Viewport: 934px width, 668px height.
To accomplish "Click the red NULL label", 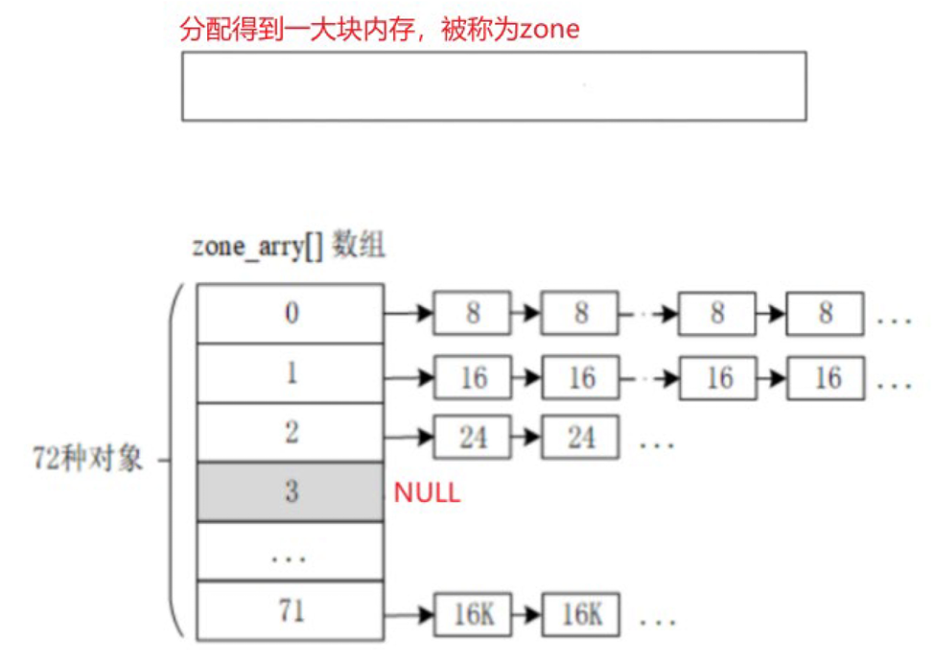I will click(427, 493).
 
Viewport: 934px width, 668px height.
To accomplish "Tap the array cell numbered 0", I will click(291, 313).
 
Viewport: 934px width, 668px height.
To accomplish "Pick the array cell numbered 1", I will click(291, 373).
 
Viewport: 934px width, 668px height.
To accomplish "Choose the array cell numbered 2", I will click(291, 433).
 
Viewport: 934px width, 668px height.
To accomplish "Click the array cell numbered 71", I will click(291, 611).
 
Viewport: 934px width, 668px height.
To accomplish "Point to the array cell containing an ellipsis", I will click(291, 553).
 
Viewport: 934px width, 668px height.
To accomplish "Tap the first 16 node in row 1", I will click(473, 377).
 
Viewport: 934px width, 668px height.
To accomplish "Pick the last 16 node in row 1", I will click(827, 377).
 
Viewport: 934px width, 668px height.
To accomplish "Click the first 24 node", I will click(473, 439).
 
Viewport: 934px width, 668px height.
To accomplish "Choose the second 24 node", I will click(580, 439).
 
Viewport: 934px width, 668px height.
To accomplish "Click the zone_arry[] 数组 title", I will click(289, 246).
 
